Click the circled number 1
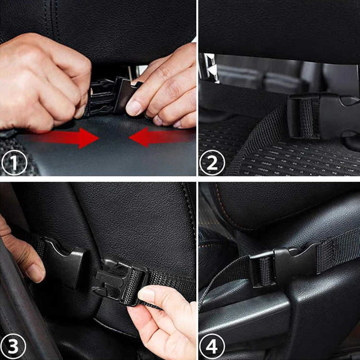pyautogui.click(x=14, y=163)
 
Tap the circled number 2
pyautogui.click(x=212, y=163)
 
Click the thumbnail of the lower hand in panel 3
pyautogui.click(x=146, y=296)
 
